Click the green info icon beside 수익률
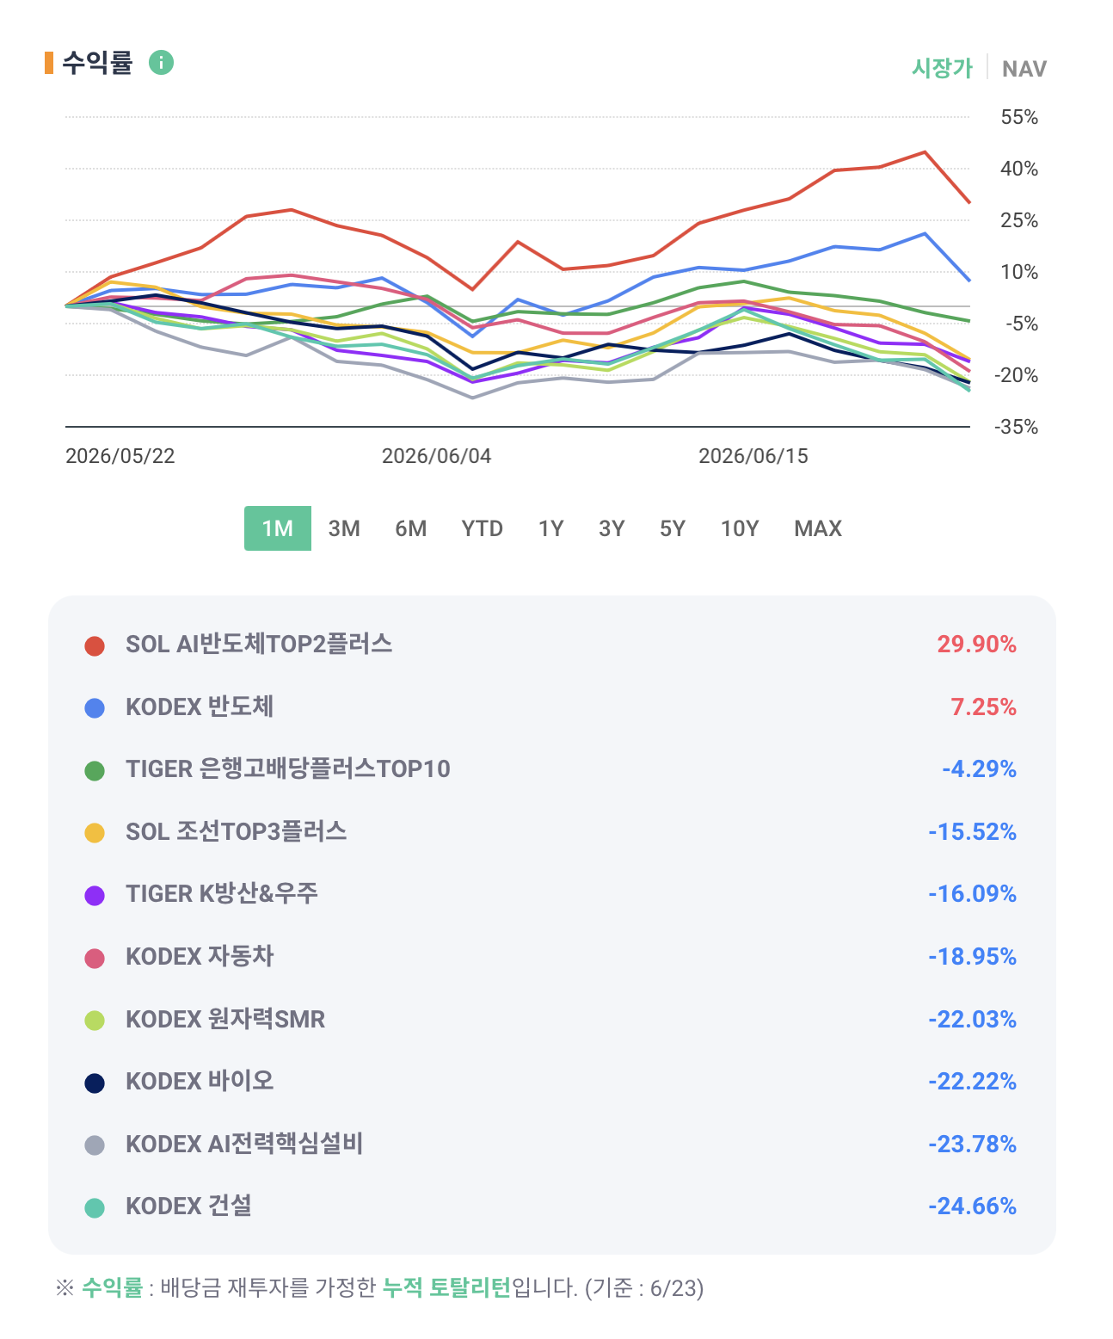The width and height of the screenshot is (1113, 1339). [161, 62]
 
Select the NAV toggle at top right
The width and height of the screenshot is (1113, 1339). [1024, 69]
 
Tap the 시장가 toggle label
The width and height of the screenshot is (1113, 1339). [942, 68]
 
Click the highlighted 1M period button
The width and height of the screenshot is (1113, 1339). [278, 528]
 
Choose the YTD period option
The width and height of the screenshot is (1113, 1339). [483, 528]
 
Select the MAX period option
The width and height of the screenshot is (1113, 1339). [817, 528]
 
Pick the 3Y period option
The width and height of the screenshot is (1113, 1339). [612, 528]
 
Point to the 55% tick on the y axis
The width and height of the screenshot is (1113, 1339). [1018, 117]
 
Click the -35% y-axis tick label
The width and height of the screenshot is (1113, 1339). [1016, 427]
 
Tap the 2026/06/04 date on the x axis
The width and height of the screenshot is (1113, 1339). [436, 456]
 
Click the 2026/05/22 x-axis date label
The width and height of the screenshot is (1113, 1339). [120, 456]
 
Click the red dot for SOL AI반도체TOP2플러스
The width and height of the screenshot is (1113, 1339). [95, 645]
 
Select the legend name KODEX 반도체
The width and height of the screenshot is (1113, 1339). [200, 707]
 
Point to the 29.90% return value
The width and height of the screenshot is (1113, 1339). [976, 645]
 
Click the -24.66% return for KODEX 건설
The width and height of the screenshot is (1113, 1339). [972, 1206]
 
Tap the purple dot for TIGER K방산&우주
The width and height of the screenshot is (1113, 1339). [95, 896]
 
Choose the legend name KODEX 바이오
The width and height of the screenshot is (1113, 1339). [200, 1081]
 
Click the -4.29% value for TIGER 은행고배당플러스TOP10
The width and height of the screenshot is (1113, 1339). [979, 769]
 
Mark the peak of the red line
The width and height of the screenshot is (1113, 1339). [925, 152]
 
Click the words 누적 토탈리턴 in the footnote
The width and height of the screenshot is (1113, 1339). [446, 1287]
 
